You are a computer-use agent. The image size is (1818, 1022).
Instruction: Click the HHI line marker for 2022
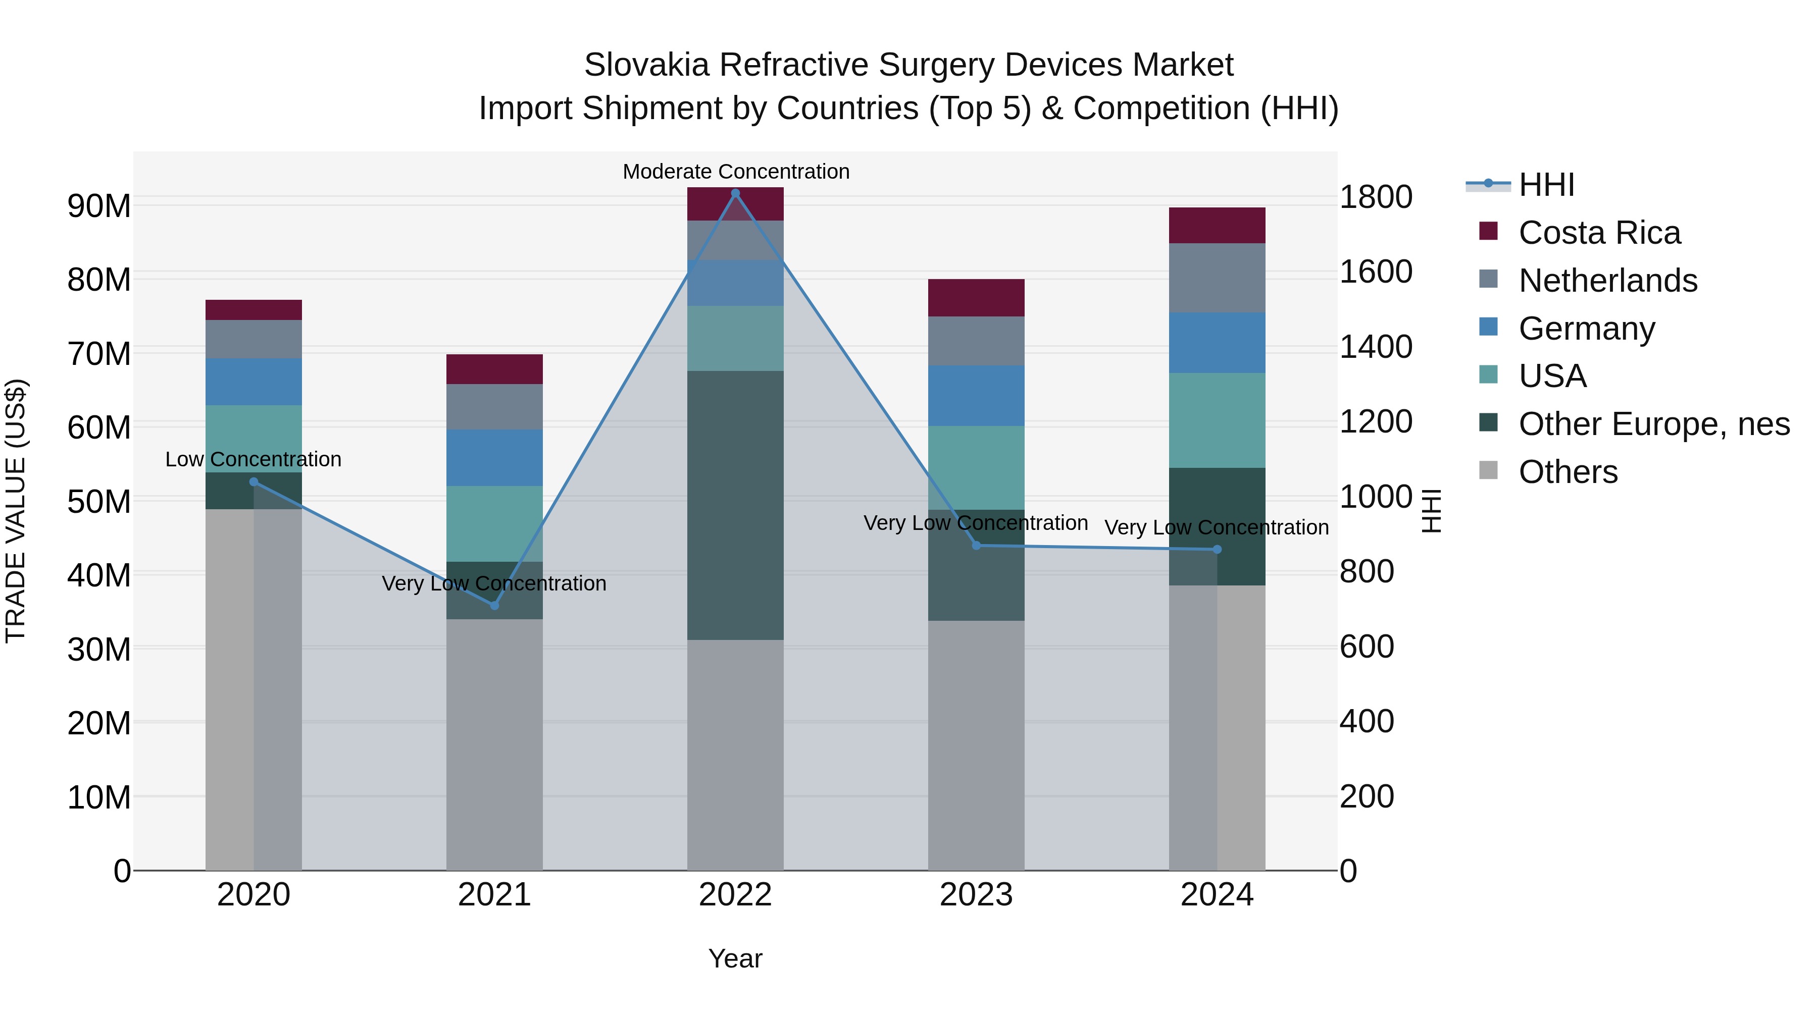click(735, 193)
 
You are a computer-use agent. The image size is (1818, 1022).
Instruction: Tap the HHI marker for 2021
click(494, 605)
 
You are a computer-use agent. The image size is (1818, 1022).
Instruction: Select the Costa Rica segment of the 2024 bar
click(1217, 226)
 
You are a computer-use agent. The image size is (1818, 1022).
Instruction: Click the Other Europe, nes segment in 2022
click(735, 505)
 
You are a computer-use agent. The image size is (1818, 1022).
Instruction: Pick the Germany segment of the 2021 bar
click(494, 458)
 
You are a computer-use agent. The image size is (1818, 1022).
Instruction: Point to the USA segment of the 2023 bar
click(976, 468)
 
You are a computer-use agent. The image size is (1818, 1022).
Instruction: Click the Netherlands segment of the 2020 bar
click(254, 339)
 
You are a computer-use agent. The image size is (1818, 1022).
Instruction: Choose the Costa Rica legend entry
click(1599, 233)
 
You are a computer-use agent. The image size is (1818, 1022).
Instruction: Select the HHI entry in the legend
click(1546, 185)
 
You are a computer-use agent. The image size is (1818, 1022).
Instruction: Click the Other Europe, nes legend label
click(1653, 424)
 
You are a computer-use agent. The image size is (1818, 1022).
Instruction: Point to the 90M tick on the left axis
click(99, 206)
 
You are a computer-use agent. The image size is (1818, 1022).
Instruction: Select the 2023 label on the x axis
click(976, 895)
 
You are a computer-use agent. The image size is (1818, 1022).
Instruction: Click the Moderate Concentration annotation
click(735, 172)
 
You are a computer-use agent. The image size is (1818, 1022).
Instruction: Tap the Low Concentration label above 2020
click(254, 459)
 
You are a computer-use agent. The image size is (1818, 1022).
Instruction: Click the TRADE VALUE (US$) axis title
click(16, 511)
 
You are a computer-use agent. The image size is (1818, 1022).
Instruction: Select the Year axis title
click(735, 958)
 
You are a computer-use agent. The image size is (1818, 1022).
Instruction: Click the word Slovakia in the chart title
click(646, 65)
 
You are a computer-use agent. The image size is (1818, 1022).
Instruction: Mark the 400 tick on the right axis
click(1367, 722)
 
